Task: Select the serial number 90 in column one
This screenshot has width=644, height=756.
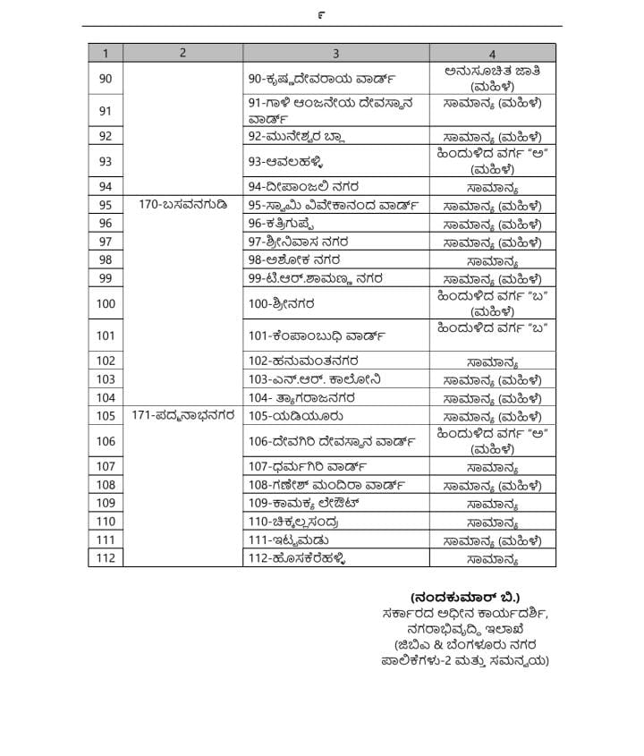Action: click(x=106, y=79)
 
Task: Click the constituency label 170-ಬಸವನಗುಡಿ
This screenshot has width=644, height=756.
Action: click(x=183, y=205)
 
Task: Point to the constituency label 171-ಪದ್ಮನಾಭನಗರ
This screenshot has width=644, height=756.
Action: click(x=183, y=415)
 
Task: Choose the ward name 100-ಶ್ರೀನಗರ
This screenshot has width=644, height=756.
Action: click(x=283, y=303)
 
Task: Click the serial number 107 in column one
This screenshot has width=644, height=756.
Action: click(x=106, y=466)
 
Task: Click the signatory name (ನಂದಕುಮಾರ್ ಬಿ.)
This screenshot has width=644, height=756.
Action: click(x=465, y=597)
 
